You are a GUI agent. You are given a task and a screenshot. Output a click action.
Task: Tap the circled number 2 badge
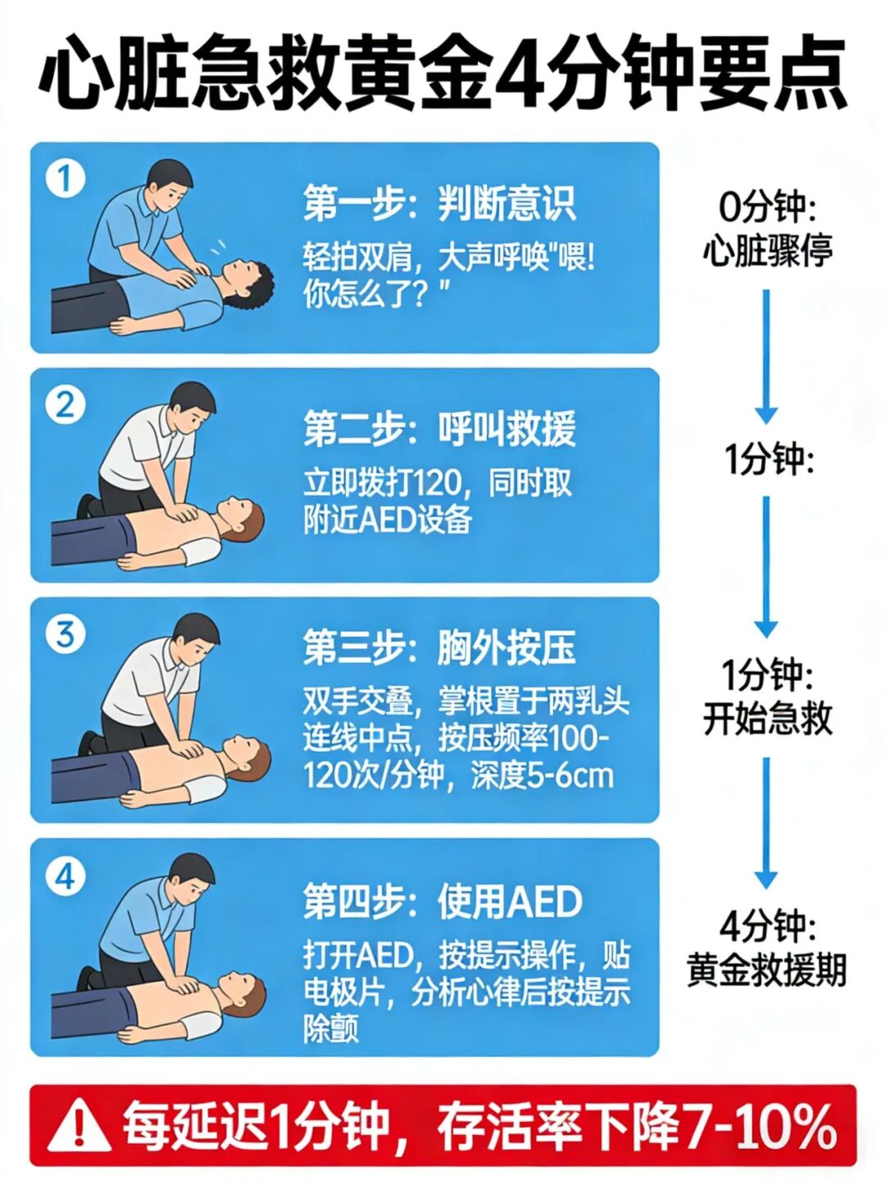pos(66,406)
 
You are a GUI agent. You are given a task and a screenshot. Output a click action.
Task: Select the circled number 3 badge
pos(66,635)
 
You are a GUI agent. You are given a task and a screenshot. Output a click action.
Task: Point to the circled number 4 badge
pos(66,878)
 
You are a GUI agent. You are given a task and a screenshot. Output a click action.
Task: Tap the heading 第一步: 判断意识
pos(439,204)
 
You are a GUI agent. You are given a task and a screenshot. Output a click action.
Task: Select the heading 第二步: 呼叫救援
pos(439,429)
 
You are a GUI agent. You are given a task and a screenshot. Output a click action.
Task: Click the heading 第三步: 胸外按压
pos(439,649)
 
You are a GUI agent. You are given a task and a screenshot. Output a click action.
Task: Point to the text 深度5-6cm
pos(542,776)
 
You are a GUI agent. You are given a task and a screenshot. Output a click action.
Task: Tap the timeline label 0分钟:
pos(767,208)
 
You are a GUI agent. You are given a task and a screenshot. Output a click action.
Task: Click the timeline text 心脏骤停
pos(768,250)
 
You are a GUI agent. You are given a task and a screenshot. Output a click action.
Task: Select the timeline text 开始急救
pos(768,719)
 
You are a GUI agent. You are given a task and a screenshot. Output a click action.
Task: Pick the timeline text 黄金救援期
pos(767,969)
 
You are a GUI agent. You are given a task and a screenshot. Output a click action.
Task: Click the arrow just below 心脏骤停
pos(766,356)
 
